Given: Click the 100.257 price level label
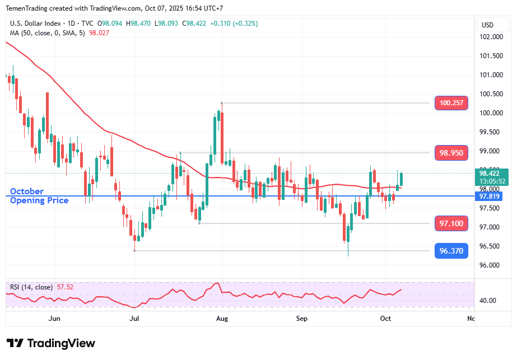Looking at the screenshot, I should click(451, 103).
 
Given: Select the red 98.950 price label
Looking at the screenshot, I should click(451, 153).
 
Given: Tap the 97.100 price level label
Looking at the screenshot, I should click(451, 223).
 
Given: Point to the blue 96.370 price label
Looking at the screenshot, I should click(451, 251).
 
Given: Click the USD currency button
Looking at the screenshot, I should click(487, 25).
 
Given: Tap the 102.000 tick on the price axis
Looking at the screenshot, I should click(491, 37).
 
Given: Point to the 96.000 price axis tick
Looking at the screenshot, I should click(491, 265).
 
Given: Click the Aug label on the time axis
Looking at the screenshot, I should click(222, 319).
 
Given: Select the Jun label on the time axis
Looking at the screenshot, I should click(54, 319).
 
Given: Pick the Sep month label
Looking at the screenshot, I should click(302, 319).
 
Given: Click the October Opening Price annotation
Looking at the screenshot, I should click(39, 196).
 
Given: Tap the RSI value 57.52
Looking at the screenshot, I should click(65, 287).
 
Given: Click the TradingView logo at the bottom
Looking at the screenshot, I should click(50, 343).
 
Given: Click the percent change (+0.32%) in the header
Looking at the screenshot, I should click(228, 24).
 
